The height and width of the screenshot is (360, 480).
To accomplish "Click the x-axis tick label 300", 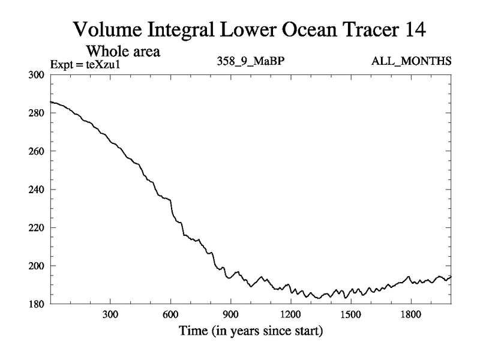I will click(x=110, y=314).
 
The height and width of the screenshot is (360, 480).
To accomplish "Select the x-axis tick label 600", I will click(x=170, y=314).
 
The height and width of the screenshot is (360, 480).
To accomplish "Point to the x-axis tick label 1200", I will click(x=290, y=314).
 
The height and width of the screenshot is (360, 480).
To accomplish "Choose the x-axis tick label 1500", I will click(x=350, y=314).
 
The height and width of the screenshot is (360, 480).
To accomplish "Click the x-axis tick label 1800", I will click(x=410, y=314).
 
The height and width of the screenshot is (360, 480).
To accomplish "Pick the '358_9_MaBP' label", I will click(x=249, y=61).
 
